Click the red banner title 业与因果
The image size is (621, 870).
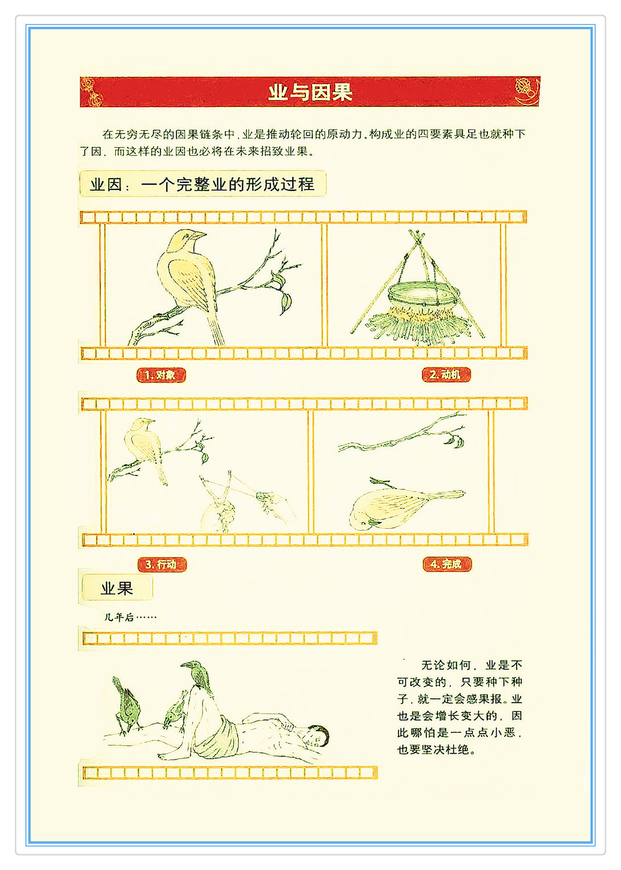(x=310, y=92)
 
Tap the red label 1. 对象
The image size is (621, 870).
(x=161, y=375)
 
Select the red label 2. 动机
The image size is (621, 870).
(x=446, y=375)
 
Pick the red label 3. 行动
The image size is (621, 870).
(x=162, y=565)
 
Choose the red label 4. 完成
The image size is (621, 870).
(x=447, y=564)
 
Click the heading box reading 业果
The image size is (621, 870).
(x=117, y=589)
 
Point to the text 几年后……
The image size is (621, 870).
(x=130, y=617)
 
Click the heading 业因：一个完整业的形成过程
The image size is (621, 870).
(x=203, y=184)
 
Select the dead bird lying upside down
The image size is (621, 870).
(x=404, y=507)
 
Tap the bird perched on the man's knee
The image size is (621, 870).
(x=198, y=676)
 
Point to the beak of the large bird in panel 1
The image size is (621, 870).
(x=199, y=235)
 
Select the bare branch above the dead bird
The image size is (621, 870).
(x=402, y=434)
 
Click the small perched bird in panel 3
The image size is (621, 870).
(x=144, y=446)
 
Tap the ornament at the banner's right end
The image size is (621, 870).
(x=527, y=91)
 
